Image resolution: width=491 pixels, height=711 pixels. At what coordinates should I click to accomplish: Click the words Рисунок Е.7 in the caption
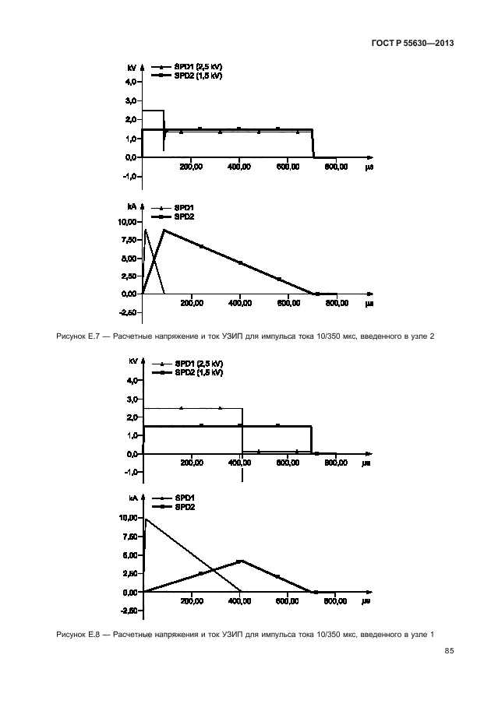[x=76, y=336]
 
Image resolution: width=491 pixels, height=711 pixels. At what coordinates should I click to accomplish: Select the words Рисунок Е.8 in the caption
[x=76, y=635]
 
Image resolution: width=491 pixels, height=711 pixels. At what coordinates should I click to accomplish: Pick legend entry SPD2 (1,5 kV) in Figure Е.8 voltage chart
[x=198, y=372]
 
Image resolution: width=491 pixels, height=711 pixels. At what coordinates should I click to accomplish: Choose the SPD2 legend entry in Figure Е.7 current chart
[x=185, y=216]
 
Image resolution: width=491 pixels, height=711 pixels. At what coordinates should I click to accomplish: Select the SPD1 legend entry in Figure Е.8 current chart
[x=185, y=498]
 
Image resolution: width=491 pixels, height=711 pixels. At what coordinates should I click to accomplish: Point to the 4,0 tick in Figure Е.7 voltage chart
[x=130, y=82]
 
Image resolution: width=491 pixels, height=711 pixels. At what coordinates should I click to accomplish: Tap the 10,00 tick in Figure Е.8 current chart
[x=126, y=518]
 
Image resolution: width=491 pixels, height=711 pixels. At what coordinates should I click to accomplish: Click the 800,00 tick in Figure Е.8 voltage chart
[x=336, y=463]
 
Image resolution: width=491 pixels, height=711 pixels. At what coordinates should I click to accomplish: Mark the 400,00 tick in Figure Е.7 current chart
[x=240, y=303]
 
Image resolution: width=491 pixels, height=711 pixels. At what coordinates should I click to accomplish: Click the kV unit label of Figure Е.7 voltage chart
[x=132, y=69]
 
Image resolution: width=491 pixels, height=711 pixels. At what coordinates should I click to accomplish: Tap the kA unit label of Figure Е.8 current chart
[x=132, y=498]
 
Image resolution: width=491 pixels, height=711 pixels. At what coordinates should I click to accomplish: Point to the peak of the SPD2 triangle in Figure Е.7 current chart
[x=163, y=230]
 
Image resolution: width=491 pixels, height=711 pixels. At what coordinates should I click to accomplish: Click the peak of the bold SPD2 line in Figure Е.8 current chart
[x=241, y=561]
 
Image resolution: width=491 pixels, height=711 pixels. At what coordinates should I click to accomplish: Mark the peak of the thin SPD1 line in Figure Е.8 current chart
[x=146, y=519]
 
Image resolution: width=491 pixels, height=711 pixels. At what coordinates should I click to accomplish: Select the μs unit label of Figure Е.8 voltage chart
[x=366, y=463]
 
